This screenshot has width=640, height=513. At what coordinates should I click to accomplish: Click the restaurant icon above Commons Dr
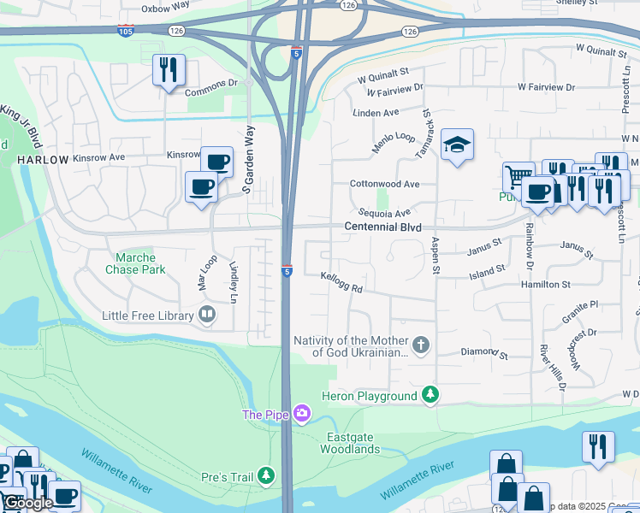168,69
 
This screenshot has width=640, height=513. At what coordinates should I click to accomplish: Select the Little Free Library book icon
206,315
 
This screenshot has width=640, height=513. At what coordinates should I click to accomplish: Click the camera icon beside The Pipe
301,415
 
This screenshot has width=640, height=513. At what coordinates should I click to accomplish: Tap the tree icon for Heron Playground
432,395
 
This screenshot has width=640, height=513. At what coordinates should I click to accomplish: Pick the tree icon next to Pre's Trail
267,475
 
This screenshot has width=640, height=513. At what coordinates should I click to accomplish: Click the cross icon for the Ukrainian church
419,345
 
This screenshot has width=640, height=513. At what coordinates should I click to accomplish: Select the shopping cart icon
516,176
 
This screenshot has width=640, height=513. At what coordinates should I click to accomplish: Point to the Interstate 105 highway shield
125,31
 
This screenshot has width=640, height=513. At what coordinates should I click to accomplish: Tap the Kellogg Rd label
341,282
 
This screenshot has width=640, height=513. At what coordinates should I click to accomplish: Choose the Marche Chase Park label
130,263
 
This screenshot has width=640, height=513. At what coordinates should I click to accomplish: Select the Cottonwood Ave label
384,184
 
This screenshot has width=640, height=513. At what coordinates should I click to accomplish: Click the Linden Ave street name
376,113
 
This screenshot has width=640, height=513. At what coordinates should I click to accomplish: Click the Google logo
28,503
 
